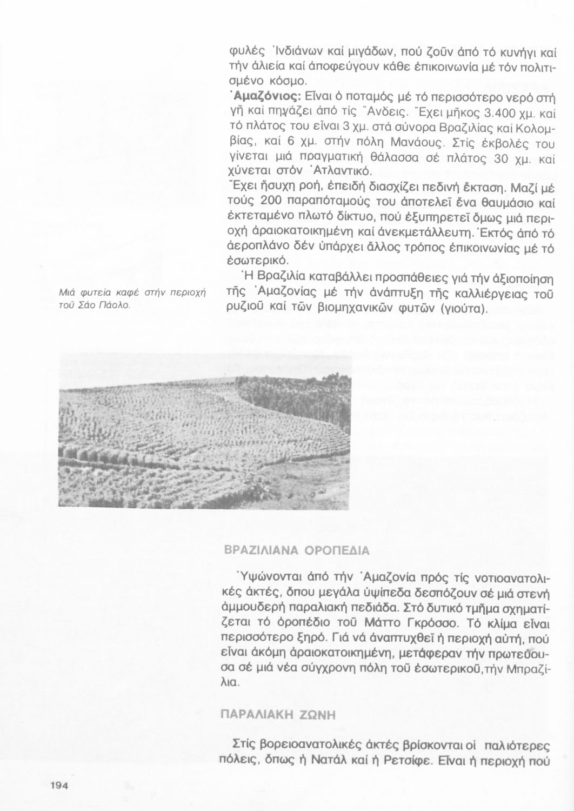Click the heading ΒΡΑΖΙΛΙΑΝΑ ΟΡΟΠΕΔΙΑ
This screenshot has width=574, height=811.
pos(297,551)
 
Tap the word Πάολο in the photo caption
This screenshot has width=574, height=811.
pos(117,305)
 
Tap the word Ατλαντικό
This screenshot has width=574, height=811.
pos(341,172)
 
